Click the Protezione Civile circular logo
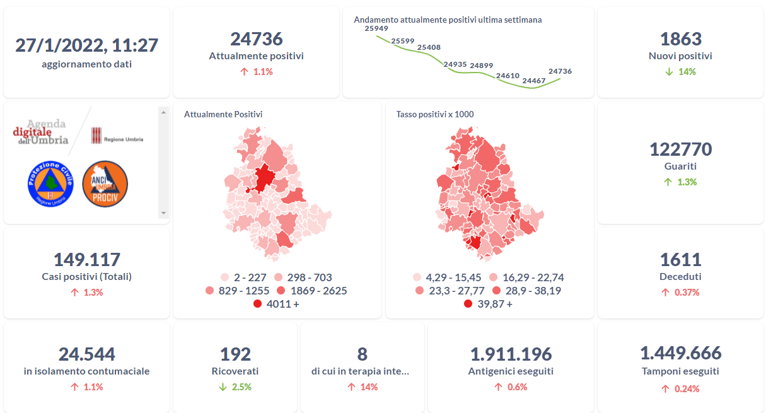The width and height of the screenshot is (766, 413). pyautogui.click(x=51, y=182)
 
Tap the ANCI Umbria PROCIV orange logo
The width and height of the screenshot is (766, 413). pyautogui.click(x=105, y=182)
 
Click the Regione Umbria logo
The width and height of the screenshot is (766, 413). pyautogui.click(x=117, y=136)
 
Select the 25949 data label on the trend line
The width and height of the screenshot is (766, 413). pyautogui.click(x=376, y=28)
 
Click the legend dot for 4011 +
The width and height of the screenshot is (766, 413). pyautogui.click(x=257, y=304)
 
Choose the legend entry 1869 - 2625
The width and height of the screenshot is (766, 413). pyautogui.click(x=312, y=291)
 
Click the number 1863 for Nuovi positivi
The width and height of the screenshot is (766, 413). pyautogui.click(x=680, y=39)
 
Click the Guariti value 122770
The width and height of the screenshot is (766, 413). pyautogui.click(x=680, y=149)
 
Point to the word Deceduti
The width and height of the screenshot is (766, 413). pyautogui.click(x=680, y=276)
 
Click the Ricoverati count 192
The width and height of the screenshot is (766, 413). pyautogui.click(x=235, y=354)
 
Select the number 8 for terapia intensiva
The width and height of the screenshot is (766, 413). pyautogui.click(x=362, y=354)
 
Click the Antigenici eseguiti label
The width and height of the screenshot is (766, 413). pyautogui.click(x=511, y=371)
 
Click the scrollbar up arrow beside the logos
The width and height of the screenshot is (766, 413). pyautogui.click(x=163, y=112)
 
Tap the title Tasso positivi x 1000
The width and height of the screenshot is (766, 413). pyautogui.click(x=435, y=114)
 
